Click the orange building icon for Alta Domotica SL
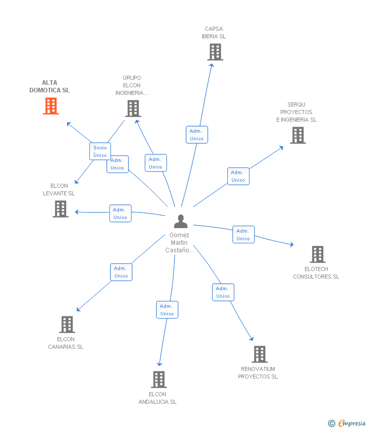[x=51, y=106]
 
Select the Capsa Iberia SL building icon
[x=215, y=52]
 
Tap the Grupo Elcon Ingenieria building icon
[x=133, y=109]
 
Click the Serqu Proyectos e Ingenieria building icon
[x=298, y=135]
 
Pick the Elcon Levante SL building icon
[x=60, y=209]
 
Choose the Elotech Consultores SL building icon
[x=317, y=254]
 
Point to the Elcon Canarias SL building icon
[x=67, y=325]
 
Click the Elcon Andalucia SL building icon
[x=159, y=380]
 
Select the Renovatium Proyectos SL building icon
[x=260, y=354]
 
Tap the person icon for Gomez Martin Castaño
[x=180, y=221]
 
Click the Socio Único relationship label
[x=100, y=151]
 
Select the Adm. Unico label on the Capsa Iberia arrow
[x=197, y=135]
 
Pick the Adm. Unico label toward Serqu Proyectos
[x=238, y=176]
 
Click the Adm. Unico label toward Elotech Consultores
[x=243, y=235]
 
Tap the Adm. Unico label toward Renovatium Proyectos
[x=223, y=292]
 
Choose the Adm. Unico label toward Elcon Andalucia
[x=167, y=310]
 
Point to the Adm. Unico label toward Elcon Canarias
[x=121, y=272]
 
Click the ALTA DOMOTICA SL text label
[x=49, y=86]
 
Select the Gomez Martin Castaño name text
[x=180, y=243]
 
